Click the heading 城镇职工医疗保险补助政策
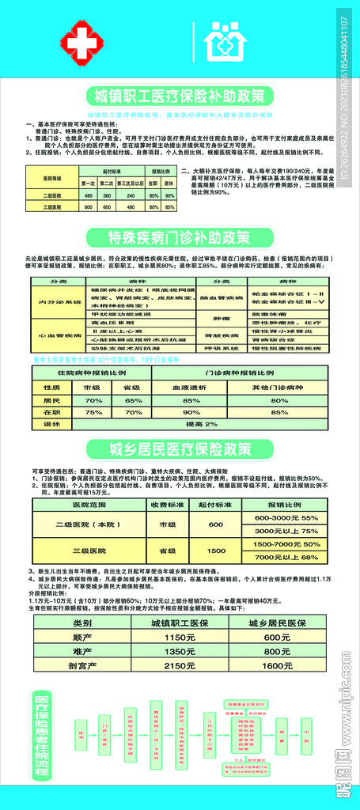(180, 97)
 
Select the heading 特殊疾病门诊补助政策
(180, 236)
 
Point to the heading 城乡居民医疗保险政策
(180, 449)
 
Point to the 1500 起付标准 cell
(216, 551)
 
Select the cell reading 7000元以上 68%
(286, 557)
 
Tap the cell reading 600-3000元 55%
(286, 517)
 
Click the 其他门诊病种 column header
(279, 388)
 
